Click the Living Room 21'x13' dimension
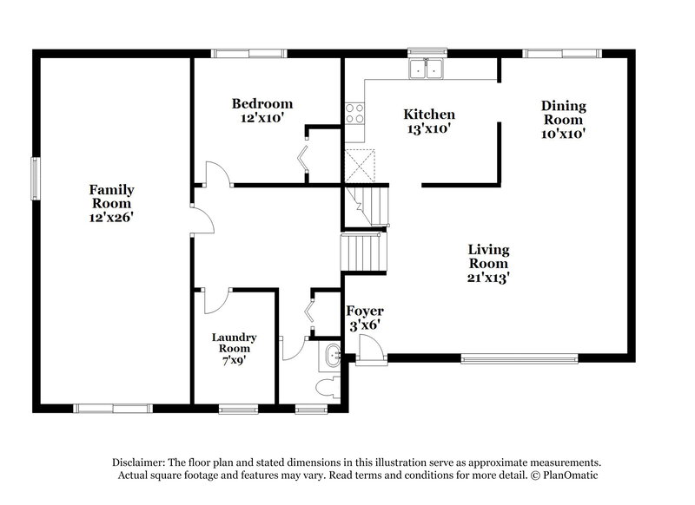tap(488, 278)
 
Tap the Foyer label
tap(365, 311)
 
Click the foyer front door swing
tap(371, 348)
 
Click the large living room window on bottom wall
tap(519, 357)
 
